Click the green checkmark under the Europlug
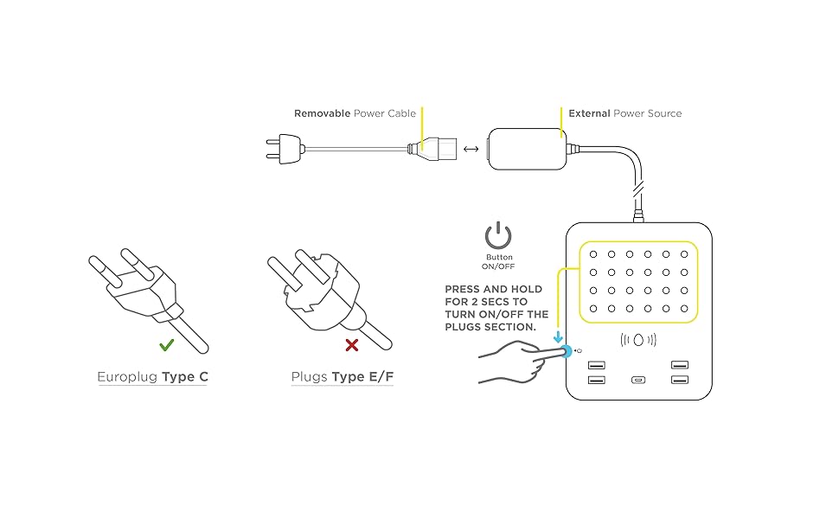point(167,344)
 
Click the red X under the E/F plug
point(352,345)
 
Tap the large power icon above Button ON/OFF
point(498,236)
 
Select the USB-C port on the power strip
point(638,381)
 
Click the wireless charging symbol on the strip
point(638,340)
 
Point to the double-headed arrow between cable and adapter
point(471,149)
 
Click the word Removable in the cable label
point(322,113)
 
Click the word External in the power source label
point(588,113)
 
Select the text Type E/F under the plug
point(363,377)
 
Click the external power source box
point(526,148)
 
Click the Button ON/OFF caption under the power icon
point(499,261)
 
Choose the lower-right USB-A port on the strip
point(680,381)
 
